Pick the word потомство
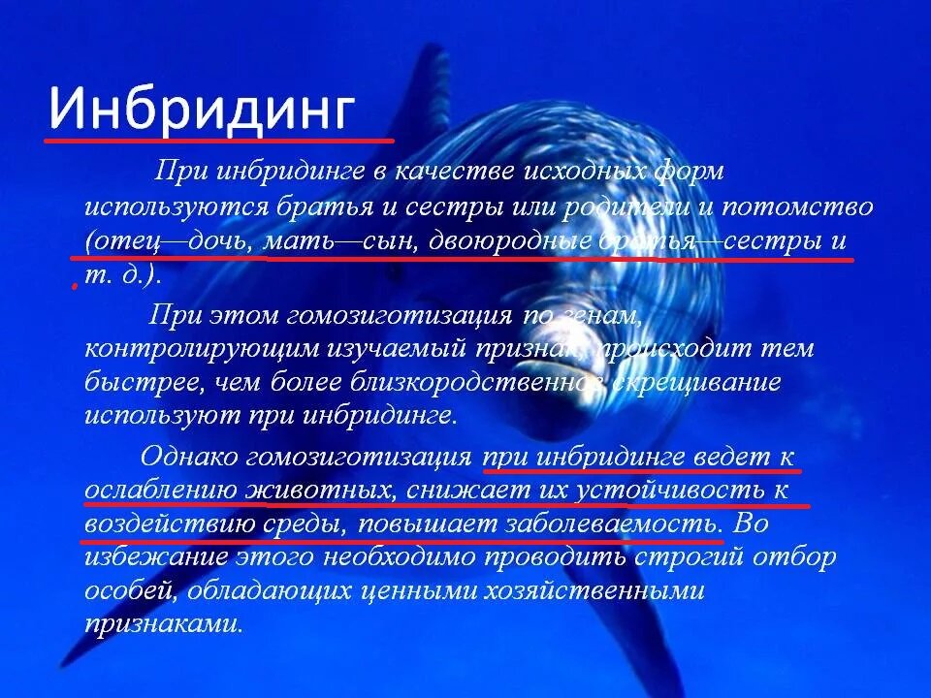tap(801, 206)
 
